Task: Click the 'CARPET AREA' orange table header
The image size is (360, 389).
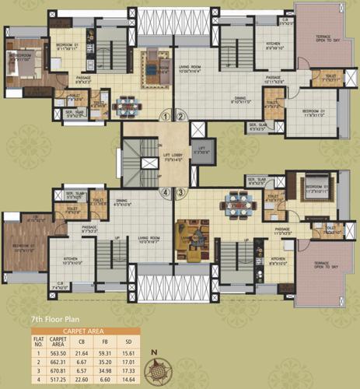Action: pyautogui.click(x=86, y=329)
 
